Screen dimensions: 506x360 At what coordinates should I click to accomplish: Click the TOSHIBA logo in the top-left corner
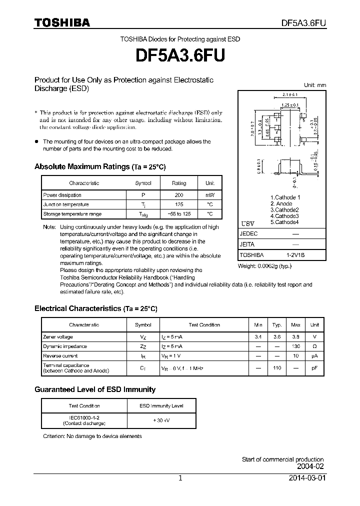click(x=62, y=22)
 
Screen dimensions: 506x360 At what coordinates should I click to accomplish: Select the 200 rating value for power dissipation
click(x=179, y=195)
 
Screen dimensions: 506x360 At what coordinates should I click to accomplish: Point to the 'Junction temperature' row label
click(x=66, y=204)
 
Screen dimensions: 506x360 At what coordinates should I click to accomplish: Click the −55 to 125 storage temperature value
click(x=179, y=214)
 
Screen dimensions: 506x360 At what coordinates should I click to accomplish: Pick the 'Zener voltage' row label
click(x=58, y=337)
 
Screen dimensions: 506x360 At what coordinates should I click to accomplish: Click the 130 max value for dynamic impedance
click(x=295, y=346)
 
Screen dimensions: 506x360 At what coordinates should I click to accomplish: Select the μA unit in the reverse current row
click(x=314, y=356)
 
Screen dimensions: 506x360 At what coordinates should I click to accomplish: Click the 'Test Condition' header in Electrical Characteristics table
click(x=204, y=325)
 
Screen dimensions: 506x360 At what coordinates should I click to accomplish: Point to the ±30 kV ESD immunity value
click(x=161, y=420)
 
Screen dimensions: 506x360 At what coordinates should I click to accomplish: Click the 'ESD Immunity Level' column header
click(x=161, y=406)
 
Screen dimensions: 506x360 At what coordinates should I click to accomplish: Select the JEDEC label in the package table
click(x=249, y=233)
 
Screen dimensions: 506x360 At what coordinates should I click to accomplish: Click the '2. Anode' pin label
click(x=281, y=203)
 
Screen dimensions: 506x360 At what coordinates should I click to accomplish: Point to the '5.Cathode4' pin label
click(x=284, y=222)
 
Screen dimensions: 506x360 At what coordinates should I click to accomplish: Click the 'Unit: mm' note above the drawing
click(x=315, y=85)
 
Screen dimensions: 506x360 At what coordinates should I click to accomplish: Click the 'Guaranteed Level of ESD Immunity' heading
click(x=95, y=389)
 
